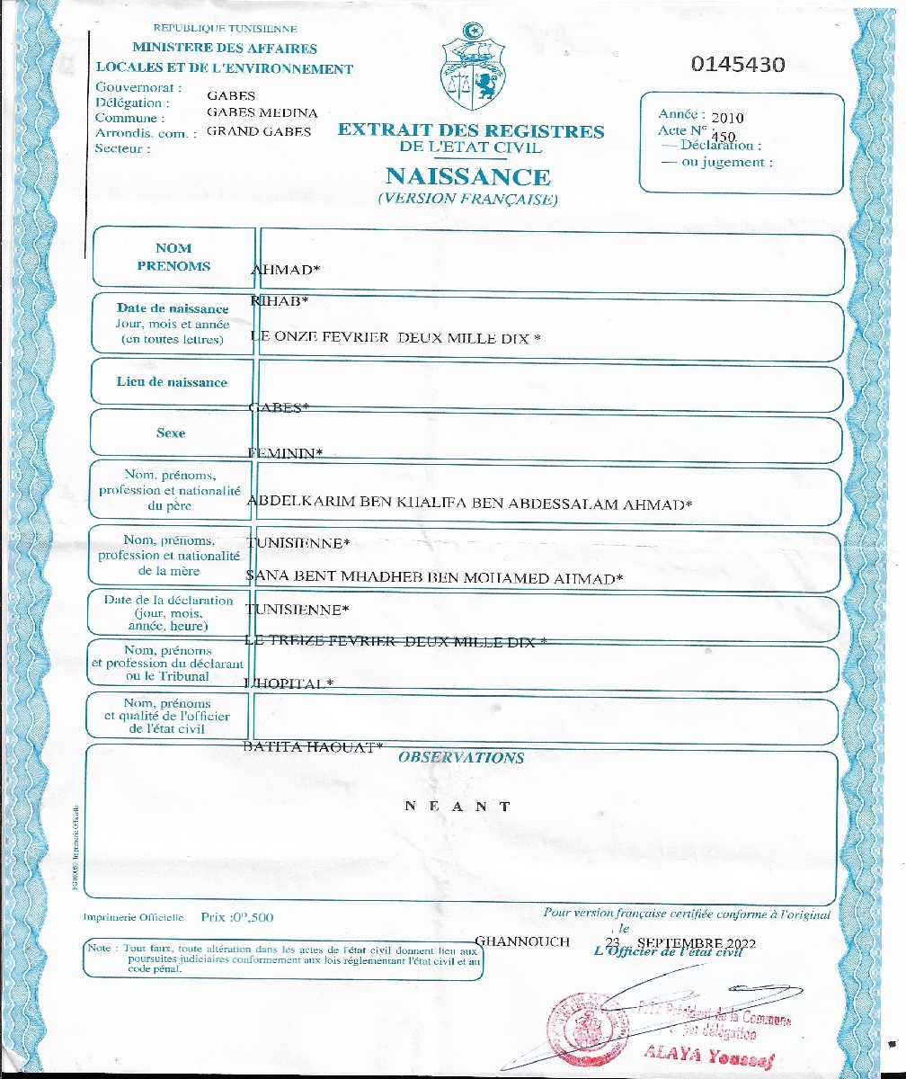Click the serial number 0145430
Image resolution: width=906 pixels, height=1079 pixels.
click(x=738, y=65)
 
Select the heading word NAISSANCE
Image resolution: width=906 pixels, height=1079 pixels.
click(x=467, y=175)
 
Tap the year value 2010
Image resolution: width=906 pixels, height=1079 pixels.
click(x=727, y=118)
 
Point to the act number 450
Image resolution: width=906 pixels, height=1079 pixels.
click(x=724, y=137)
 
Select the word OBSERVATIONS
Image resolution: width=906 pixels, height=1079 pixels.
click(x=461, y=757)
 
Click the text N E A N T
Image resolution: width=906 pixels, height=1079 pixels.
click(x=457, y=806)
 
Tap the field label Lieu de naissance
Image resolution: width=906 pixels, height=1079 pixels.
click(x=173, y=382)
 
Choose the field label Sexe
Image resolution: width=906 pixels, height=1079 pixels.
click(x=171, y=432)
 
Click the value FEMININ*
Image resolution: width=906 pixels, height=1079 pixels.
click(x=284, y=454)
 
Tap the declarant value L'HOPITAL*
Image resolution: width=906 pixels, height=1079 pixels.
click(x=289, y=683)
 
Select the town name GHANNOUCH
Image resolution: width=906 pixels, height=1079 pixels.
click(x=521, y=941)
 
